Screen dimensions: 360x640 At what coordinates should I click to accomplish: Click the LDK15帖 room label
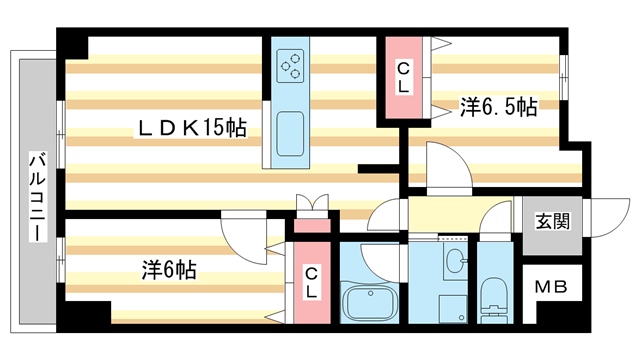pyautogui.click(x=192, y=129)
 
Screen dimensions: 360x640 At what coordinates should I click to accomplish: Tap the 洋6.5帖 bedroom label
pyautogui.click(x=498, y=107)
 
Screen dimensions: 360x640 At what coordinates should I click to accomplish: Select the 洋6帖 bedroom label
pyautogui.click(x=168, y=269)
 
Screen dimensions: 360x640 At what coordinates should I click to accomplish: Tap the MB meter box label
pyautogui.click(x=548, y=287)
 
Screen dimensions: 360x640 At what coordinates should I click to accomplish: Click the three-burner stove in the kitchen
pyautogui.click(x=291, y=66)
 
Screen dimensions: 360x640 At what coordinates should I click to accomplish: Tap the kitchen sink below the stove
pyautogui.click(x=290, y=133)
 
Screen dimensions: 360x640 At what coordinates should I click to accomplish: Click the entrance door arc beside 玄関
pyautogui.click(x=601, y=214)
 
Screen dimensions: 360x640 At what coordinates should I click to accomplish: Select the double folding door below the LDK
pyautogui.click(x=311, y=203)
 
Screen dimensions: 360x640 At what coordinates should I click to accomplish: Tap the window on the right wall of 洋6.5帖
pyautogui.click(x=565, y=72)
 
